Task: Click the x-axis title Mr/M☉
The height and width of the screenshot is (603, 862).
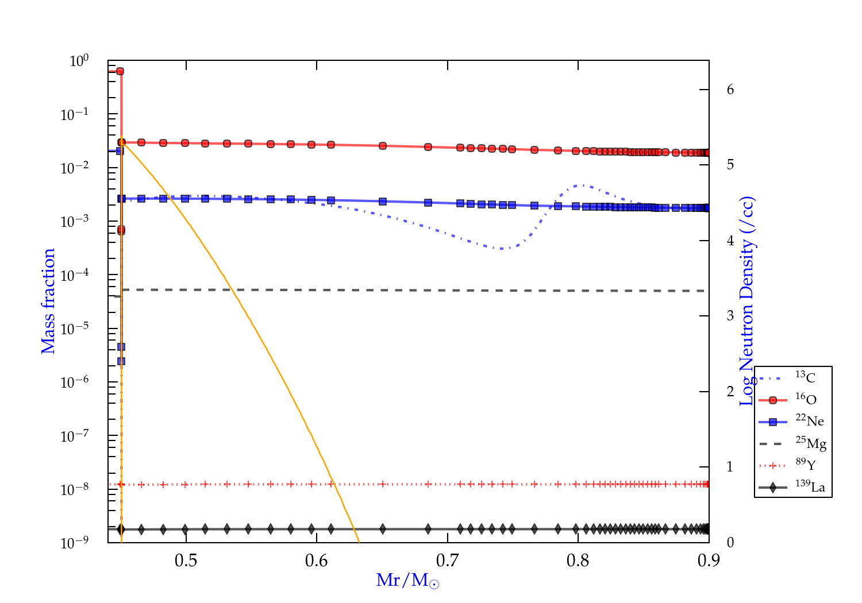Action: coord(407,581)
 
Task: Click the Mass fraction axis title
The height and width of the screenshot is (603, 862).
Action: coord(48,301)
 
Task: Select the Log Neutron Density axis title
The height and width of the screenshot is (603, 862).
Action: coord(747,301)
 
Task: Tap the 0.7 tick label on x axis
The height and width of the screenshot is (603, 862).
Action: coord(447,561)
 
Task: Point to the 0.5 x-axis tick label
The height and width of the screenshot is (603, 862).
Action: coord(186,561)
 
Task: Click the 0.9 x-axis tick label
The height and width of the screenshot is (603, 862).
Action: coord(709,561)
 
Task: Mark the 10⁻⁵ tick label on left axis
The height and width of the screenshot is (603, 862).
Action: coord(74,328)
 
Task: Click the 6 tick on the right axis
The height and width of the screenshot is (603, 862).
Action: coord(730,90)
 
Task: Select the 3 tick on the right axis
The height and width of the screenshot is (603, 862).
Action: coord(730,315)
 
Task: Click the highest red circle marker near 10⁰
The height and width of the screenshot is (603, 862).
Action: coord(120,71)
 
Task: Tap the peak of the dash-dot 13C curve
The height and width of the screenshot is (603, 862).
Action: coord(582,185)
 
